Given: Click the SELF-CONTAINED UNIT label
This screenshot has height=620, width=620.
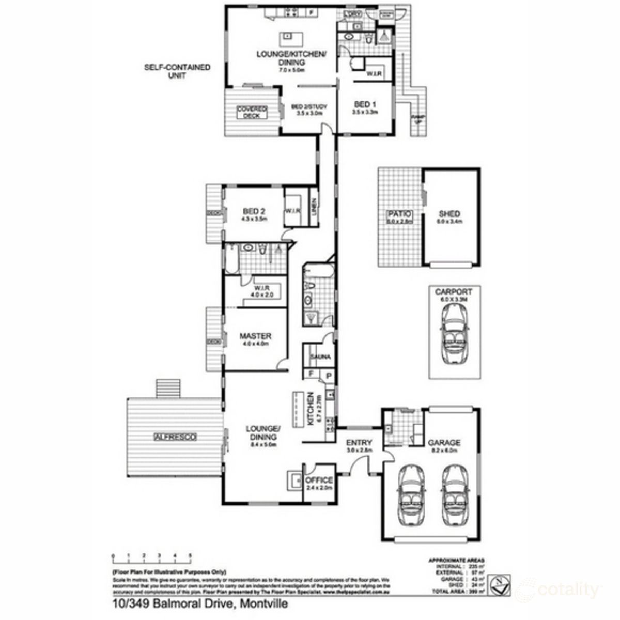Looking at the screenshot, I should pyautogui.click(x=177, y=71).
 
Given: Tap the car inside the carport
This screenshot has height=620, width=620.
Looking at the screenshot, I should pyautogui.click(x=454, y=329).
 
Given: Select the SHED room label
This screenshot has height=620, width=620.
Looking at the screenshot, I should pyautogui.click(x=449, y=214).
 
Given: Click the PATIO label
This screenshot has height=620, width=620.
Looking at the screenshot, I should pyautogui.click(x=399, y=214).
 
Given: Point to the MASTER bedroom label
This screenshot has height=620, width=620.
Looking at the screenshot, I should pyautogui.click(x=255, y=336).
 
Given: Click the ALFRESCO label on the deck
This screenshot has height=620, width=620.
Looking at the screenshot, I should pyautogui.click(x=175, y=437).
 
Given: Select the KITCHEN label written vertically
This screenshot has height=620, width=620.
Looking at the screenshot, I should pyautogui.click(x=311, y=408).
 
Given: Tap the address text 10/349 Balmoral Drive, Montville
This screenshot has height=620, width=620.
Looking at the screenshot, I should pyautogui.click(x=198, y=603).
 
